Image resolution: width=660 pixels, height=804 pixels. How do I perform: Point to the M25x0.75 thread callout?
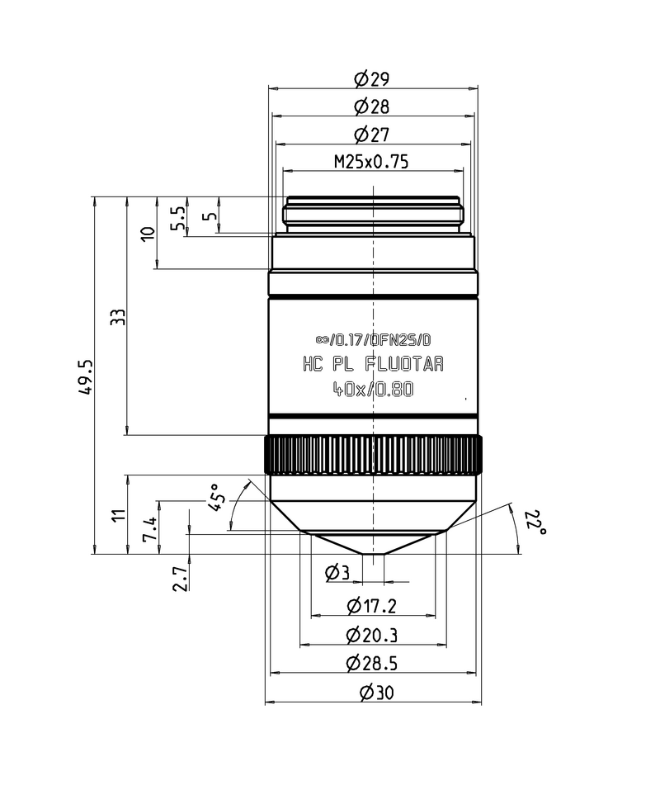tap(371, 162)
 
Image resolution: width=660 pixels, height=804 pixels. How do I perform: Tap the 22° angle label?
tap(535, 522)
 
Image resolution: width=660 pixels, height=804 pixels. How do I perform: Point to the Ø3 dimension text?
tap(337, 571)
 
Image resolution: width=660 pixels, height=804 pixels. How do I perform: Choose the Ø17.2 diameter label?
tap(372, 606)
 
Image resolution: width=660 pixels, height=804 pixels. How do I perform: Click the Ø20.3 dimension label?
tap(372, 635)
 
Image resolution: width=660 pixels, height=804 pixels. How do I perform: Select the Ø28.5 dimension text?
tap(372, 663)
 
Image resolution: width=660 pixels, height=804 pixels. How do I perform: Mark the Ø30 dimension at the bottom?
tap(372, 693)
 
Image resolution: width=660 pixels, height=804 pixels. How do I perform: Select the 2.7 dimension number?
tap(179, 577)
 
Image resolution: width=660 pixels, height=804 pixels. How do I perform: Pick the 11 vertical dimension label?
tap(119, 514)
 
